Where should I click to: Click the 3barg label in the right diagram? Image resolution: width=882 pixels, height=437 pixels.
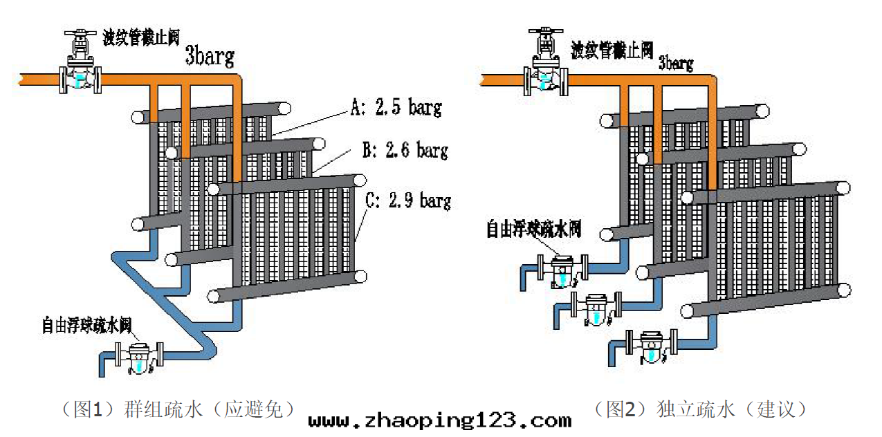(675, 63)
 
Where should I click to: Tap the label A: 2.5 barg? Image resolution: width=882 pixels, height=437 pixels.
(396, 107)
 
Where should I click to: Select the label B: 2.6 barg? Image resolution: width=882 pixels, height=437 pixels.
(404, 149)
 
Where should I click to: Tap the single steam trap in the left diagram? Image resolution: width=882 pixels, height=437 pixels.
(140, 356)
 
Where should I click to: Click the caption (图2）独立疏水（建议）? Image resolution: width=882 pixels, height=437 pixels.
(700, 409)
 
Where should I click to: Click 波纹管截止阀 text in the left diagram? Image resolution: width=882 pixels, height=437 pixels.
(141, 37)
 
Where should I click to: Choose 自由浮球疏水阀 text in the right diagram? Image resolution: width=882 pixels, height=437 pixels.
(533, 228)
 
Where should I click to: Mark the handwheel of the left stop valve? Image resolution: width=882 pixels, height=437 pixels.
(80, 32)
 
